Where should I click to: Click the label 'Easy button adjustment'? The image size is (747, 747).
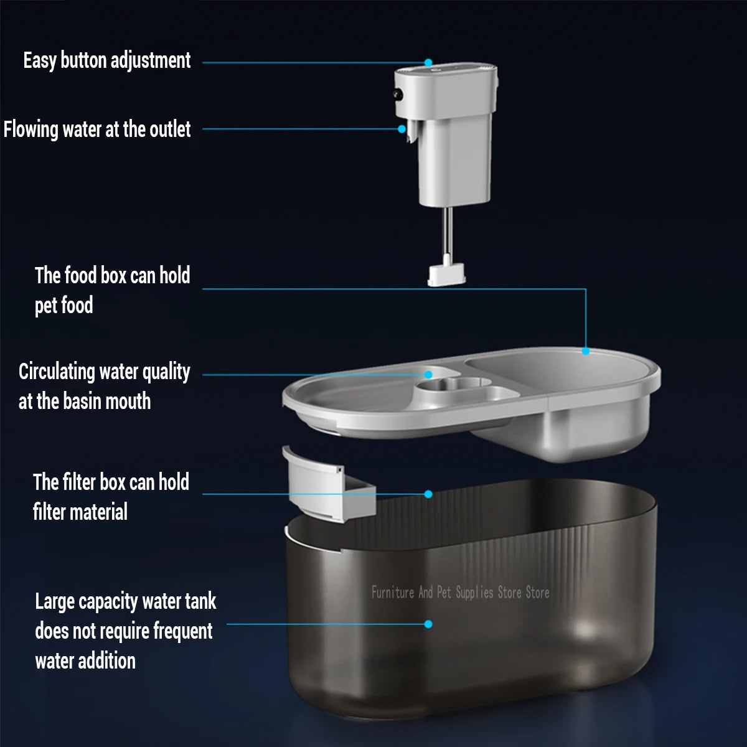pos(106,60)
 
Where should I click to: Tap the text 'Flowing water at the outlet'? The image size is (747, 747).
pos(96,129)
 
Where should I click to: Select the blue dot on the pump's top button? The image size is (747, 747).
pos(428,63)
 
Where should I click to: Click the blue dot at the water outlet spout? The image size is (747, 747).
pos(402,129)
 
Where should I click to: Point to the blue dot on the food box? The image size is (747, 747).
pos(585,351)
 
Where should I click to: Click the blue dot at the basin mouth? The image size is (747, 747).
pos(428,375)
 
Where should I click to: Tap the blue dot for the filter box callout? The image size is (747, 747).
pos(428,494)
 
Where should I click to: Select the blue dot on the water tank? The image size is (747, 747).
pos(428,624)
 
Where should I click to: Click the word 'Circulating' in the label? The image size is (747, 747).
pos(56,372)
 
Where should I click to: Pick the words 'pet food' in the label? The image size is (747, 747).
pos(63,306)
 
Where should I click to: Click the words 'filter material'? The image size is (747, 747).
pos(80,512)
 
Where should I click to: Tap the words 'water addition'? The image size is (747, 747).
pos(85,660)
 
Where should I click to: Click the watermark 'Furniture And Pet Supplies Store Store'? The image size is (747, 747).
pos(460,592)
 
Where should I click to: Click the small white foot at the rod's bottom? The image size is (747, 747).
pos(447,275)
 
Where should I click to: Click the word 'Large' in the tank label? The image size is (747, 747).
pos(55,602)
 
